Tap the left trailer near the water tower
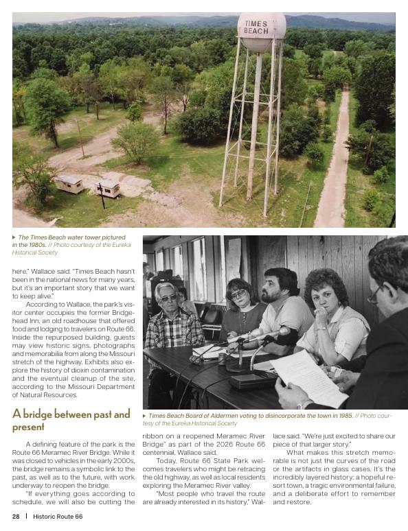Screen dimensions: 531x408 (x=70, y=183)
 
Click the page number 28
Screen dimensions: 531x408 (x=15, y=517)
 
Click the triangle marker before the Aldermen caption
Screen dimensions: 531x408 (x=145, y=416)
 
